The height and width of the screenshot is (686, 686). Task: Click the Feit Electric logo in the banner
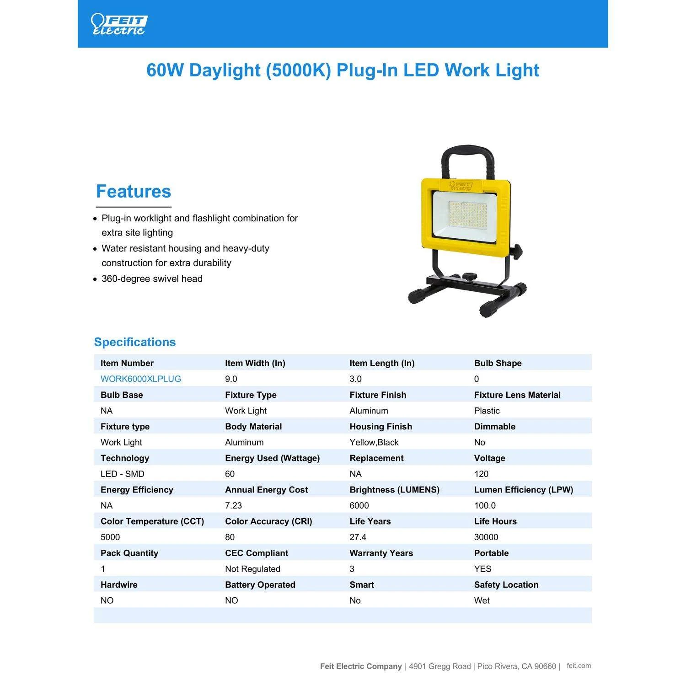[119, 24]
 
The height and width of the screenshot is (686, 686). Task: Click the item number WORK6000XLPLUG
[141, 379]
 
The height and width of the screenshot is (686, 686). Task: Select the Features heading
[134, 192]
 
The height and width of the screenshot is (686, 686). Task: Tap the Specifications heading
[135, 342]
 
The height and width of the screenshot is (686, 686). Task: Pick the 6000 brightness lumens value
[359, 505]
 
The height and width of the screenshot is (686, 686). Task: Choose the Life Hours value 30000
[486, 537]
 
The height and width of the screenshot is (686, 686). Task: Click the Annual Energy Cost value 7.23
[233, 505]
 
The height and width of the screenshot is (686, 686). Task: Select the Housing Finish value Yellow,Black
[374, 442]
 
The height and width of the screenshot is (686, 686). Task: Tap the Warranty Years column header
[381, 553]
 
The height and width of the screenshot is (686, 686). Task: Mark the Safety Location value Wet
[482, 600]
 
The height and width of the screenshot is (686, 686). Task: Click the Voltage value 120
[481, 474]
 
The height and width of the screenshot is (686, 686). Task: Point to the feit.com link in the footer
[579, 666]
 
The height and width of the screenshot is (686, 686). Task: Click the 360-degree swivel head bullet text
[152, 279]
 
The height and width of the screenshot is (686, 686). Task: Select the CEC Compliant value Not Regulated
[252, 569]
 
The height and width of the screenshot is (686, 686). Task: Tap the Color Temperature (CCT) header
[152, 521]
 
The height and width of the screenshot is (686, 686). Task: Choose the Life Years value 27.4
[358, 537]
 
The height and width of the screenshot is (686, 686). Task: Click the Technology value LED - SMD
[122, 474]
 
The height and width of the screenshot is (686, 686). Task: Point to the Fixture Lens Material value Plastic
[487, 411]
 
